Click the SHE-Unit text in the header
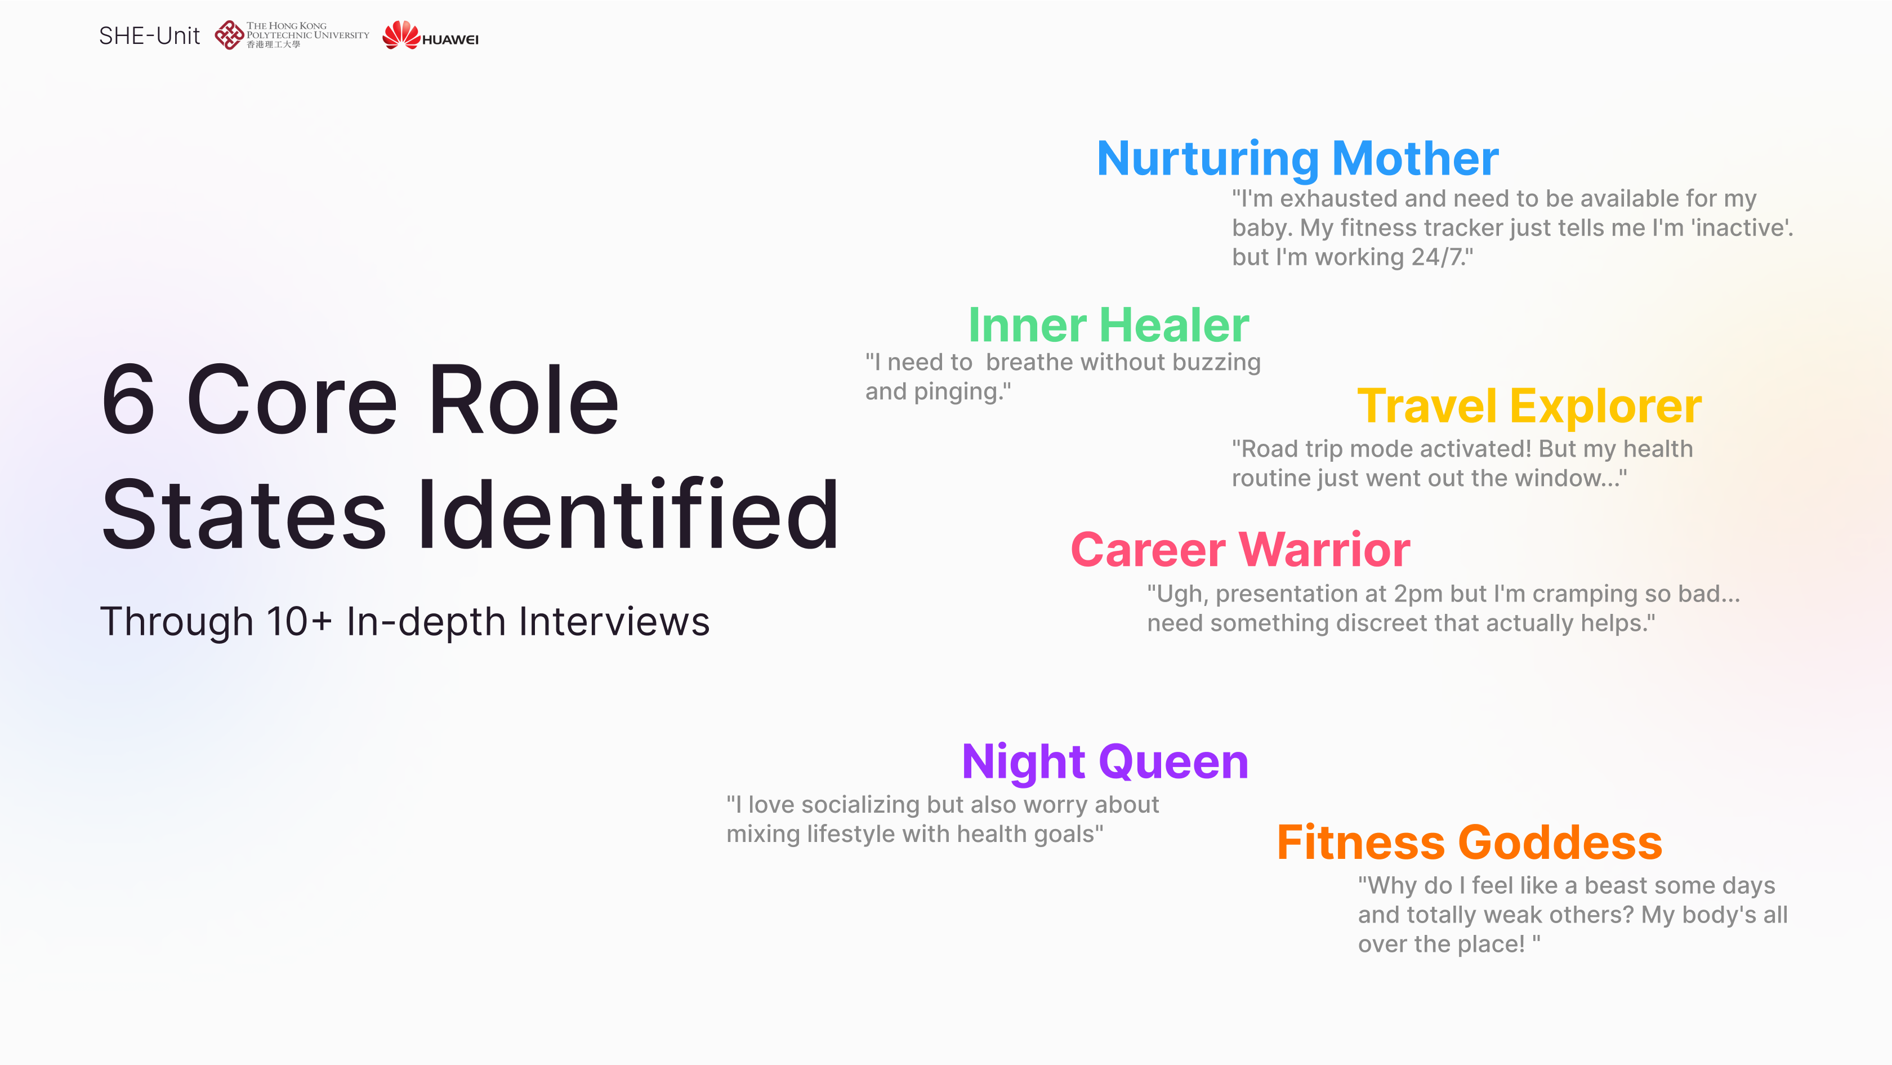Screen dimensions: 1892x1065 (149, 35)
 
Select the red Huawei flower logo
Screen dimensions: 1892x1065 (401, 34)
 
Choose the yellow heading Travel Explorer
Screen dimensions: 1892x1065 (1529, 406)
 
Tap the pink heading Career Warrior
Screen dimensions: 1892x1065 (1240, 549)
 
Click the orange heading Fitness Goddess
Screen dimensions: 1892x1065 (1470, 842)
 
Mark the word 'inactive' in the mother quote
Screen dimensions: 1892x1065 (1742, 228)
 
